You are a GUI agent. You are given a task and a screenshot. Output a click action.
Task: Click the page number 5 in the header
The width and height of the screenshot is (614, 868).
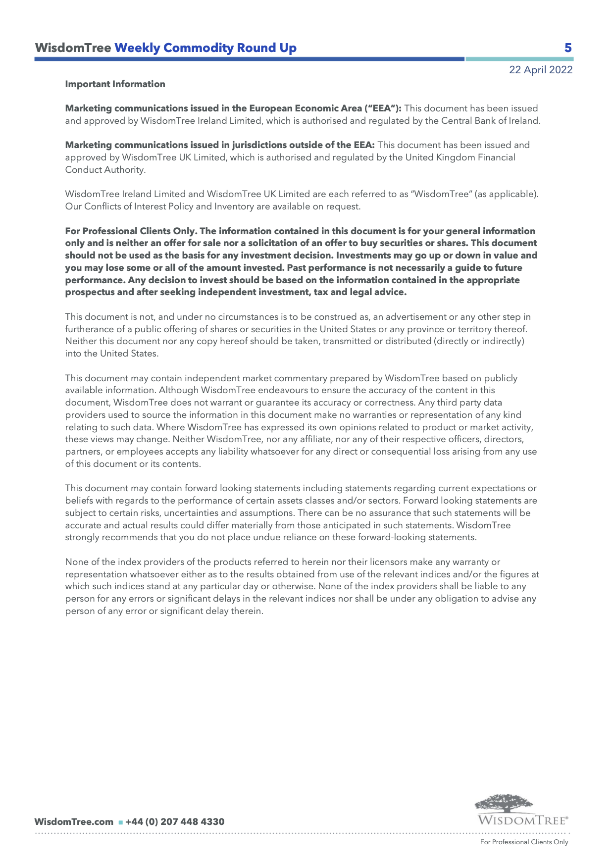(x=568, y=48)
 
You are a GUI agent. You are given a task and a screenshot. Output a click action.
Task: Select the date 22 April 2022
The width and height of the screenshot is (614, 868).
(x=541, y=70)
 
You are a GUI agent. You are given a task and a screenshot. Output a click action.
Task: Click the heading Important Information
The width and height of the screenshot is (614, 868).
(x=115, y=84)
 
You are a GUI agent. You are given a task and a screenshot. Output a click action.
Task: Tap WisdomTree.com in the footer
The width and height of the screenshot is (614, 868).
(x=74, y=822)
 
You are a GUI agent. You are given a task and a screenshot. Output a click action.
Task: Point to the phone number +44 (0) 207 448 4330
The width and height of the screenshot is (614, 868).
(x=175, y=822)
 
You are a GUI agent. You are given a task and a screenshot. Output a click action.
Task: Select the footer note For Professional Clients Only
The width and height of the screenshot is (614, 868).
(x=524, y=842)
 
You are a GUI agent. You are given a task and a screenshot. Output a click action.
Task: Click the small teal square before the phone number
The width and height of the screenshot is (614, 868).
(x=120, y=822)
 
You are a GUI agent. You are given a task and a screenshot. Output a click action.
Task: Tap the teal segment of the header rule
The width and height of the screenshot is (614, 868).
(x=519, y=59)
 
